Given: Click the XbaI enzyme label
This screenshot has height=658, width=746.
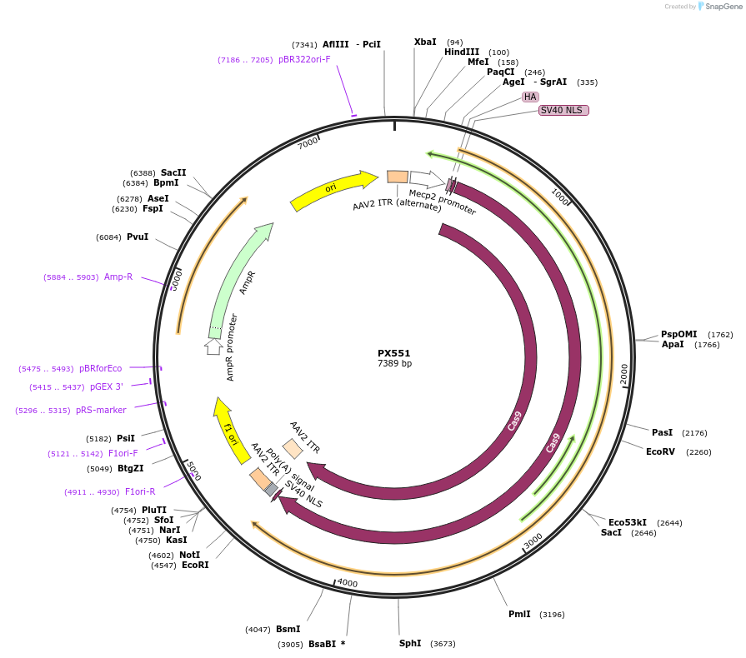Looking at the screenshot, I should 425,42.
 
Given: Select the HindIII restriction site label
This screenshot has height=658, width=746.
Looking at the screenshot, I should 462,52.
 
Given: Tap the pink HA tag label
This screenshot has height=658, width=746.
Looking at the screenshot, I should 530,97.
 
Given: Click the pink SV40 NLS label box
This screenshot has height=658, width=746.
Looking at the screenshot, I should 563,110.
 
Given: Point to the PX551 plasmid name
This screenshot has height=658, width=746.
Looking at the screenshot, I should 394,353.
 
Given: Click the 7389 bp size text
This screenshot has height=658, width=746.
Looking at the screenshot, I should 394,364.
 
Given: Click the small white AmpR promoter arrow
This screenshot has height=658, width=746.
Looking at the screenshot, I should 213,346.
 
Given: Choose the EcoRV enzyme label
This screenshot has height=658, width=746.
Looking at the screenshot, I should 661,451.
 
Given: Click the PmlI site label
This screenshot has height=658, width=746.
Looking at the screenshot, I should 519,614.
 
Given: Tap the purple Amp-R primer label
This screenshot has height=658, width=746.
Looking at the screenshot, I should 118,277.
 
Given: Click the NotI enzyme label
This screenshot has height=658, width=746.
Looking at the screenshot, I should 189,555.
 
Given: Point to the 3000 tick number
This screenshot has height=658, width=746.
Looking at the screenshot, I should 533,541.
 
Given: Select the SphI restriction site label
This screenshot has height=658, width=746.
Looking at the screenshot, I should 410,643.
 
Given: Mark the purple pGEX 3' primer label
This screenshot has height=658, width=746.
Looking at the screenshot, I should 107,386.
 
